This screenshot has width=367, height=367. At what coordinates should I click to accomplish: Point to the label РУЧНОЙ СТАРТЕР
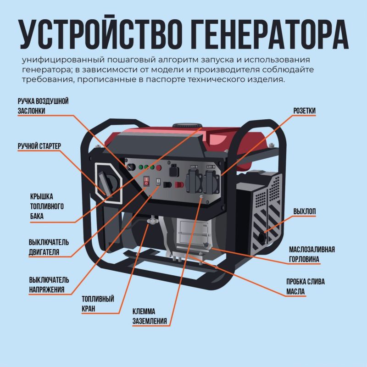click(x=39, y=146)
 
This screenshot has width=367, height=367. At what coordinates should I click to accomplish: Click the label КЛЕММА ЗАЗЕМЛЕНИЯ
click(x=150, y=316)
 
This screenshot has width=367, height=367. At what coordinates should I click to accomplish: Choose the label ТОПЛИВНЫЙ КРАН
click(x=98, y=304)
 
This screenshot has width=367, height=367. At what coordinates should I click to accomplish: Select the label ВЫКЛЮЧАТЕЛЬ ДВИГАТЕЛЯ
click(x=49, y=247)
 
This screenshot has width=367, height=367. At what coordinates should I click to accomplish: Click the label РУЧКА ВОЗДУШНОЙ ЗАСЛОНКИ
click(x=43, y=106)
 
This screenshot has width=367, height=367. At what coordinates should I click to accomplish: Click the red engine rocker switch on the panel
click(x=146, y=181)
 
